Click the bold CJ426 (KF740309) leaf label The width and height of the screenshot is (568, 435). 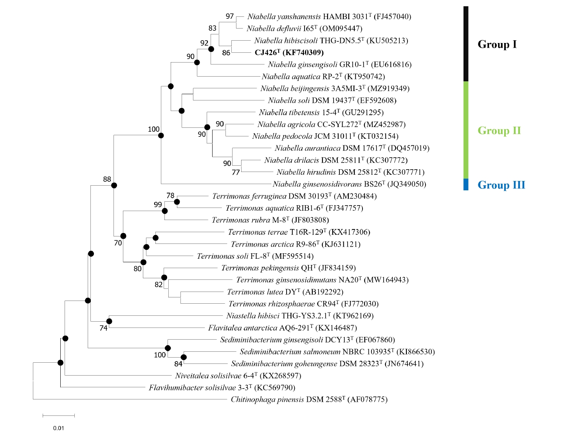tap(289, 52)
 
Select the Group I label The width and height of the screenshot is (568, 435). tap(497, 44)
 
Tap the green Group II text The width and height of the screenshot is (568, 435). tap(499, 131)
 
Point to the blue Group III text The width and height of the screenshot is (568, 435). tap(501, 185)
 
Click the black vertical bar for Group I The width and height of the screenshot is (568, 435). tap(466, 44)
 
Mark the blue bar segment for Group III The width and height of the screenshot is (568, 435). tap(466, 184)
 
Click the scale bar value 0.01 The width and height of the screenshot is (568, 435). tap(58, 428)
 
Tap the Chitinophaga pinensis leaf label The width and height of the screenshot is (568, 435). tap(309, 399)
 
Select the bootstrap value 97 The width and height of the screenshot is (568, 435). tap(230, 16)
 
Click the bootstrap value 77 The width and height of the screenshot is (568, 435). tap(235, 172)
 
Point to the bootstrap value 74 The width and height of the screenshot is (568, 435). tap(103, 328)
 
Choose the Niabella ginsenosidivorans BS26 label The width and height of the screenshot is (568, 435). tap(349, 184)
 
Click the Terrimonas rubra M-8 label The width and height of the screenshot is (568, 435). tap(270, 220)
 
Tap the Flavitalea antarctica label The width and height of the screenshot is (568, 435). tap(282, 328)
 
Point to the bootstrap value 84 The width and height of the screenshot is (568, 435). tap(179, 364)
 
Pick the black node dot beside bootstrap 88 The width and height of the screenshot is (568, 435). tap(114, 186)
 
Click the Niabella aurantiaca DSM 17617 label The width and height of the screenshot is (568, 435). tap(352, 148)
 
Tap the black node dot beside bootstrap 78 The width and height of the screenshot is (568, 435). tap(177, 202)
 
